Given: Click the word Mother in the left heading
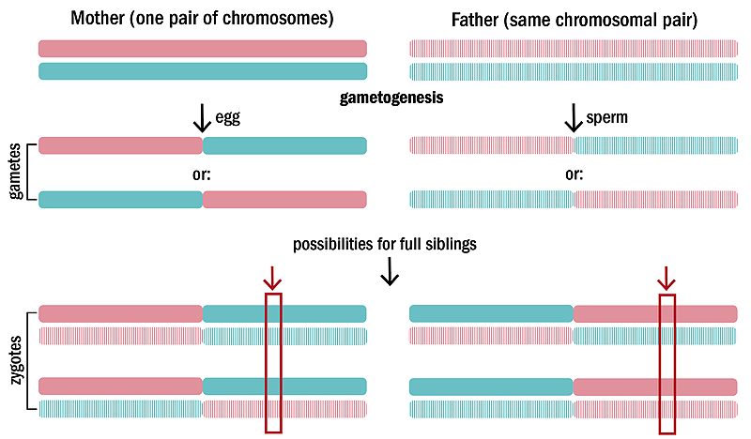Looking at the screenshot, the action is pos(99,18).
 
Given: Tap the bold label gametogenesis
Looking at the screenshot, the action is pos(391,98).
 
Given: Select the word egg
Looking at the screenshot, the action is pos(227,117).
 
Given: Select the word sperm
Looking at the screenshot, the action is pos(606,117).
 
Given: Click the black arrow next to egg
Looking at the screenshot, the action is pos(202,118).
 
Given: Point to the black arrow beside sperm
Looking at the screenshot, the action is pos(574,118).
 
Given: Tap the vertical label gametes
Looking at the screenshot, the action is pos(15,171).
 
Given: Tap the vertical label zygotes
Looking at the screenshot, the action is pos(16,360).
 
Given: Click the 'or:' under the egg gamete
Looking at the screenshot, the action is pos(201,174).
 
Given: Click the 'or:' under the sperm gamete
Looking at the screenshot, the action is pos(574,174).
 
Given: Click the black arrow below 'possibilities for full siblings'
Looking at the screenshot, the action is pos(390,271).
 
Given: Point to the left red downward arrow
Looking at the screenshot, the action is pos(272,279).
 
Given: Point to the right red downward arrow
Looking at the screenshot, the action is pos(667,279).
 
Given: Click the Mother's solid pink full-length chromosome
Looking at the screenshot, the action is pos(203,49).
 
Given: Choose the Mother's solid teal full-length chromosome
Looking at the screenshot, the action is pos(203,71).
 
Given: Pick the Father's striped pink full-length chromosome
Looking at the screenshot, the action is pos(574,49).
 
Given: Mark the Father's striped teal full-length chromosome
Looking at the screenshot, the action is pos(574,72).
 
